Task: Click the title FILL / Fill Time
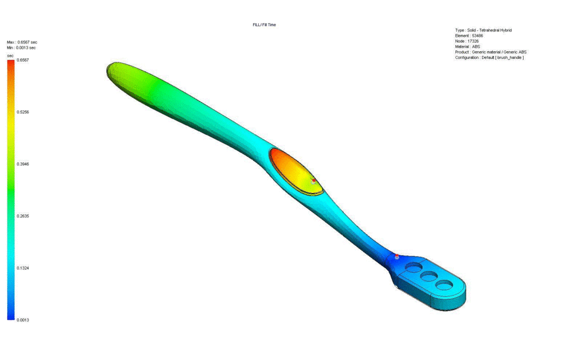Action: coord(264,25)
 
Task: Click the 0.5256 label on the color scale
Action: coord(23,112)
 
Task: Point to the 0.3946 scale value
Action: coord(23,164)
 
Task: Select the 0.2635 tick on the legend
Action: coord(23,216)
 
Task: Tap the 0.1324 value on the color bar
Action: coord(23,268)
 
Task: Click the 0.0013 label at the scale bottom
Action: coord(23,320)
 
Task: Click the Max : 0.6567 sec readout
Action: coord(22,42)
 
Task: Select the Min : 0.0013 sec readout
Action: coord(21,48)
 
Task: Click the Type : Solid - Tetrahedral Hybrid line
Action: coord(483,30)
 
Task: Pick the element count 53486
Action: coord(477,36)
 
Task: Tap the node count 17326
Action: coord(473,41)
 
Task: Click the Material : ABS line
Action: coord(468,46)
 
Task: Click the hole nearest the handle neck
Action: coord(414,269)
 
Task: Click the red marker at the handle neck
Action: coord(397,257)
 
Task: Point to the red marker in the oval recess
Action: coord(314,181)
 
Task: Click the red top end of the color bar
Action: coord(11,62)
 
